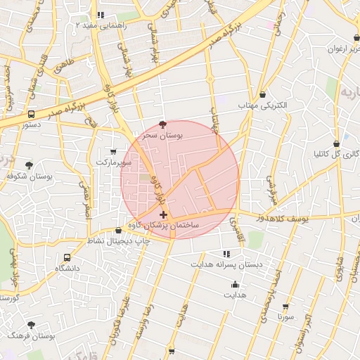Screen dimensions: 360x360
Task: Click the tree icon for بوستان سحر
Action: pos(164,124)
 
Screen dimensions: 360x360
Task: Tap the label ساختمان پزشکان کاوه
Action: pos(164,226)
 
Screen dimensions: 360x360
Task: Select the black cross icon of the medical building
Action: pos(164,214)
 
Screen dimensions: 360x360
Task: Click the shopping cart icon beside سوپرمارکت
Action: pos(114,151)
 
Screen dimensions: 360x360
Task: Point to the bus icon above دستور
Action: pos(31,113)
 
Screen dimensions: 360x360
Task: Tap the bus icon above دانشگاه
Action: pos(67,257)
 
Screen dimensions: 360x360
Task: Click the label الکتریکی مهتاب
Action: pos(262,105)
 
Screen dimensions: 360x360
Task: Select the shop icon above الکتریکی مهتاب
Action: pos(262,94)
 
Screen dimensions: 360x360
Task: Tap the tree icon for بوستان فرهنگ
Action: pos(31,325)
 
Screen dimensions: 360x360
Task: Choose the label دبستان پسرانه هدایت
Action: pos(226,264)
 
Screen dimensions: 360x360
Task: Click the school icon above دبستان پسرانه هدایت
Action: pos(226,253)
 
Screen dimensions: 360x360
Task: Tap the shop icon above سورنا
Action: pos(285,307)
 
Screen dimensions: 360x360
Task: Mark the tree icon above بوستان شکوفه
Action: pos(28,165)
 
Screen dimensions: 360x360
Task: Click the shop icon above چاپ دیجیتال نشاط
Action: pos(118,230)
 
